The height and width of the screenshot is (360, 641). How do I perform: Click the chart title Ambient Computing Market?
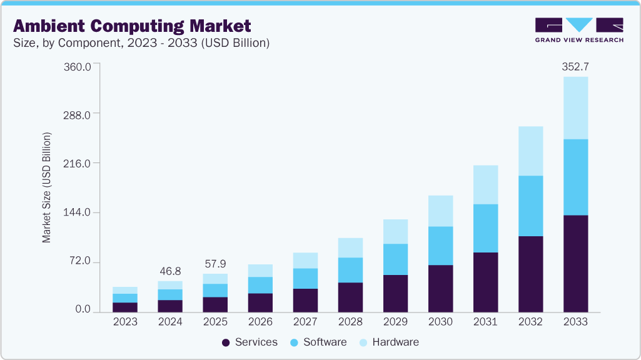(132, 26)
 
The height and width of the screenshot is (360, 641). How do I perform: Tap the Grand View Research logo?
(579, 29)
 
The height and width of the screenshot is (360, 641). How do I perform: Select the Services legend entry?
(250, 342)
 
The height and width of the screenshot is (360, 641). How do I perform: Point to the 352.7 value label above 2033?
(575, 66)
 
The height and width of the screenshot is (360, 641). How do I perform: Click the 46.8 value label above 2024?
(170, 271)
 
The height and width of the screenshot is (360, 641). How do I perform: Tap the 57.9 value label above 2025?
(215, 264)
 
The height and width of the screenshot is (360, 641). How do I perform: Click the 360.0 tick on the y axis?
(78, 66)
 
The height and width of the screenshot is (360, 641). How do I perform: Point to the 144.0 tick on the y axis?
(78, 212)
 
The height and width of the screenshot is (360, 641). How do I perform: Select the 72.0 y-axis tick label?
(81, 261)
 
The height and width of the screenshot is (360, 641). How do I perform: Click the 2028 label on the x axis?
(350, 322)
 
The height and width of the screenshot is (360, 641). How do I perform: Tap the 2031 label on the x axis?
(485, 322)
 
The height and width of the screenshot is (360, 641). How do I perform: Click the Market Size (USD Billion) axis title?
(46, 187)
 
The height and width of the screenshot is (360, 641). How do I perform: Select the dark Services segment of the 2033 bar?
(575, 263)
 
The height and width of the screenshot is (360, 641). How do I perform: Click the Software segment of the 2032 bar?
(530, 206)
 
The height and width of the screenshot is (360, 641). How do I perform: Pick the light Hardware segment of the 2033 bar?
(575, 107)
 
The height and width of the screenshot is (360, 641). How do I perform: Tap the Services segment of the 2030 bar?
(440, 288)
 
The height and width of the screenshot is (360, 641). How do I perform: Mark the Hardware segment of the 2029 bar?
(395, 231)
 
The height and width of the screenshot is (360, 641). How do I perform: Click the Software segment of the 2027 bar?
(305, 278)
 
